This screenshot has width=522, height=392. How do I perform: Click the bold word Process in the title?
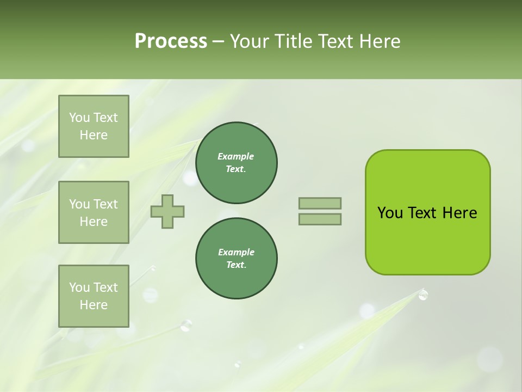[171, 41]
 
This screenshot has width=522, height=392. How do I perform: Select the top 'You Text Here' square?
[94, 126]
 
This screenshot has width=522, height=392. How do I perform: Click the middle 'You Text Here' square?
[94, 212]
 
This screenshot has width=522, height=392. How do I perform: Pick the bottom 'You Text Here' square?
[94, 296]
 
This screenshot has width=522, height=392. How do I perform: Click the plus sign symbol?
[167, 211]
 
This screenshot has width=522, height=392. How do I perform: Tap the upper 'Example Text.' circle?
[236, 163]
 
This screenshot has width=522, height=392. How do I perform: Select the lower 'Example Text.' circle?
[236, 259]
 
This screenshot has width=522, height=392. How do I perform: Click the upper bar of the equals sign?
[320, 203]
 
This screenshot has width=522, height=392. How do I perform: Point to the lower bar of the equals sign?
[320, 219]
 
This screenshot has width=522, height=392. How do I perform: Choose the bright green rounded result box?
[427, 212]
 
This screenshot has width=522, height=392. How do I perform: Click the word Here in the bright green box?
[459, 213]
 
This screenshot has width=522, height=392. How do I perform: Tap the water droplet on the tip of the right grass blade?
[423, 295]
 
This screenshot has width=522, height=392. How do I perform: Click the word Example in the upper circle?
[236, 156]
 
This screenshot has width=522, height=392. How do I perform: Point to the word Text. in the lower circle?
[236, 265]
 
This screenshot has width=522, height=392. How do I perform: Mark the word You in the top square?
[79, 118]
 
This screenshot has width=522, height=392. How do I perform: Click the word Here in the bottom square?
[94, 305]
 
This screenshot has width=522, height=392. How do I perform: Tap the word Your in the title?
[249, 41]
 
